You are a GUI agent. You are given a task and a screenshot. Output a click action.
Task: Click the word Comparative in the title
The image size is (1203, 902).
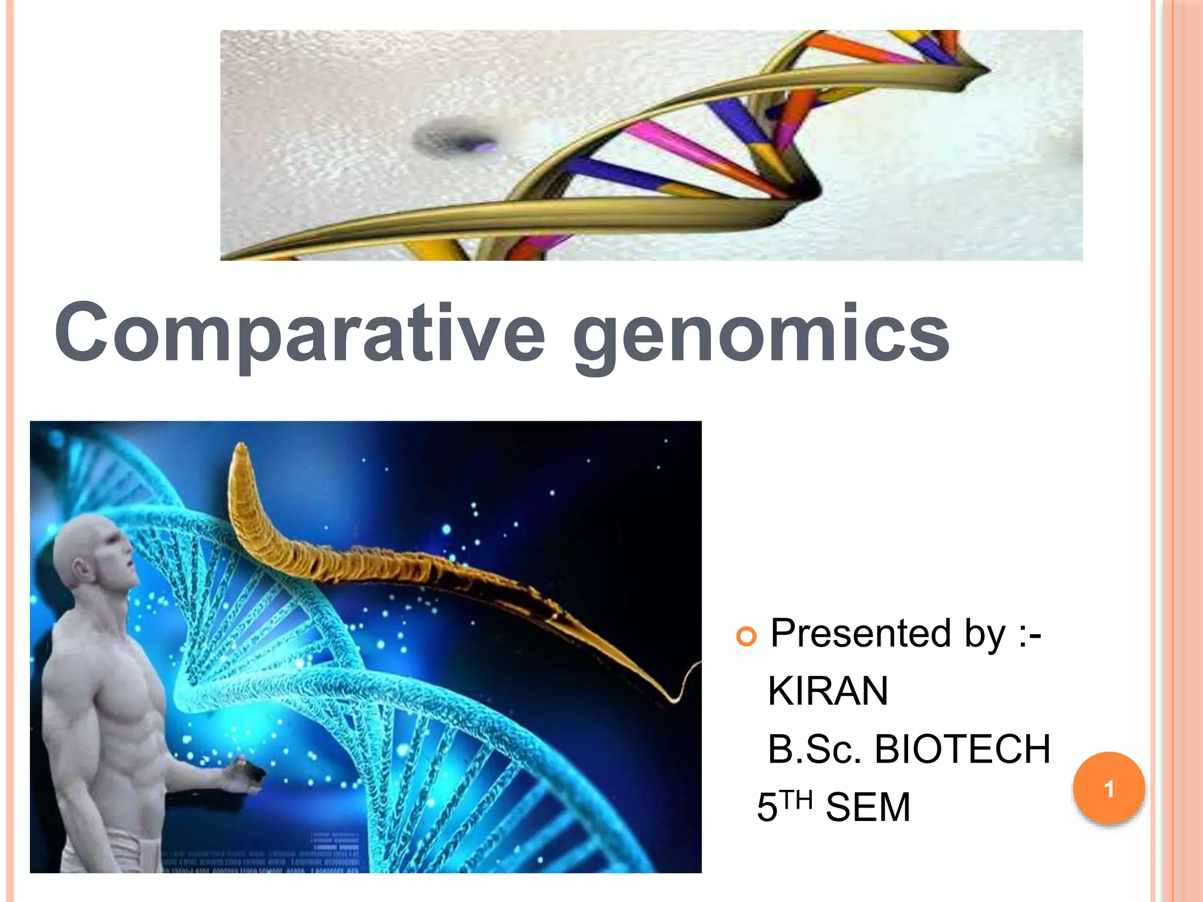click(300, 334)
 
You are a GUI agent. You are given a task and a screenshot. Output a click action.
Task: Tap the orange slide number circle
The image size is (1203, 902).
click(1108, 788)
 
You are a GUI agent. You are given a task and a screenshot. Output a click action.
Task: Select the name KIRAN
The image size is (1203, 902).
click(828, 691)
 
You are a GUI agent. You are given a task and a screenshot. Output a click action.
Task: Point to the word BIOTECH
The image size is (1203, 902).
click(962, 749)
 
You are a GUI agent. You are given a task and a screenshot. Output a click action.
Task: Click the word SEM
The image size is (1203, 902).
click(868, 807)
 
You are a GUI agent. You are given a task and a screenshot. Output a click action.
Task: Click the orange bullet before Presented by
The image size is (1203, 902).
click(746, 637)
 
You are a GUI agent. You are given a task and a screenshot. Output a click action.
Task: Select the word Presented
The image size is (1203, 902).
click(861, 633)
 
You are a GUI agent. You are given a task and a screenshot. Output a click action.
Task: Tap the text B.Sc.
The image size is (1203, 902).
click(814, 750)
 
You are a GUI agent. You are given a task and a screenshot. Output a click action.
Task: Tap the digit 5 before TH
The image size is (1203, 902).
click(767, 808)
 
